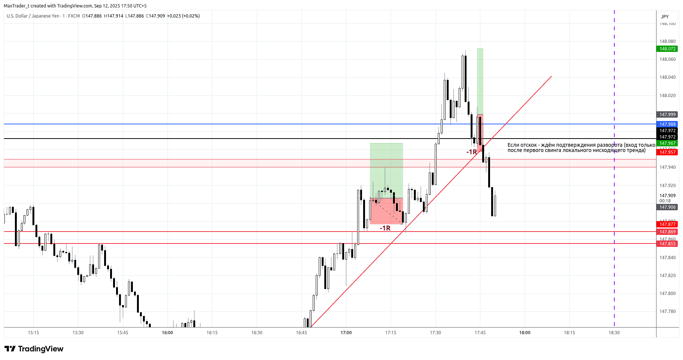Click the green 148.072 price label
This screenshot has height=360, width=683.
pos(667,49)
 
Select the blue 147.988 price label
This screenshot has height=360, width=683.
pos(667,124)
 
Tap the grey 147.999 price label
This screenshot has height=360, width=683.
pos(667,115)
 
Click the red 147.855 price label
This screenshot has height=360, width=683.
pos(667,244)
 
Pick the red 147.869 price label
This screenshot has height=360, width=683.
pos(667,232)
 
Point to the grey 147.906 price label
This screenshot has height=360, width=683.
pos(667,207)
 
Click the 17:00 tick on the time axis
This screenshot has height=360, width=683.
pos(346,333)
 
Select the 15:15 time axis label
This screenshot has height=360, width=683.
pos(33,333)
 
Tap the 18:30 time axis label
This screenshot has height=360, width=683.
pos(614,333)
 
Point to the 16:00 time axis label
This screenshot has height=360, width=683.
pos(167,333)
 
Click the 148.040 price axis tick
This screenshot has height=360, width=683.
pos(667,78)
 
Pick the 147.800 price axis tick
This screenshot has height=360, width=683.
pos(667,294)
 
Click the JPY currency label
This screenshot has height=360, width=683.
pos(665,17)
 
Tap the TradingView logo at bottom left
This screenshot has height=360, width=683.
pos(34,349)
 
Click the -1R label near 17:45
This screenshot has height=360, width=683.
pos(471,152)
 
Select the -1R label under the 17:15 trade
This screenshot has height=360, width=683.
pos(385,228)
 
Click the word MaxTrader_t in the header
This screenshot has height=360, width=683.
pos(16,6)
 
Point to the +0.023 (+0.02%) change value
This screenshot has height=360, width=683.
pos(183,16)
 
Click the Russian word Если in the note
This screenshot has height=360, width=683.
pos(513,145)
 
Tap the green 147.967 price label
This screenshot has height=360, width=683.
pos(667,143)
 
